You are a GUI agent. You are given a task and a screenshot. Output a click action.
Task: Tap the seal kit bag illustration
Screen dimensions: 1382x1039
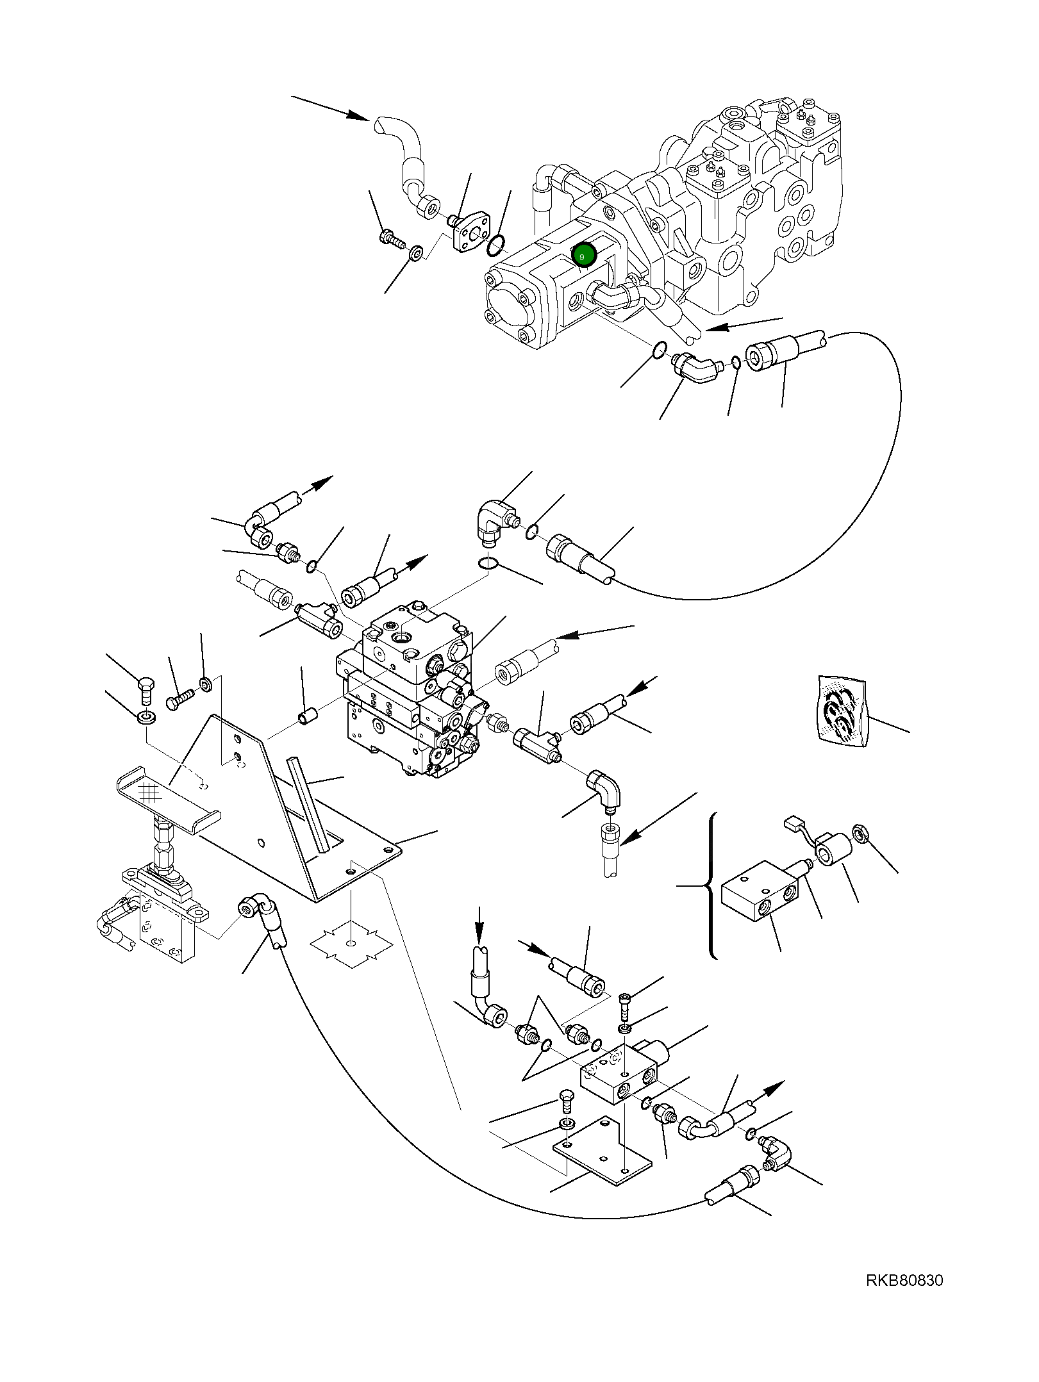(842, 712)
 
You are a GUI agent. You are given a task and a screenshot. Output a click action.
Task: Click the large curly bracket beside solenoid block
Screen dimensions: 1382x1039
(711, 887)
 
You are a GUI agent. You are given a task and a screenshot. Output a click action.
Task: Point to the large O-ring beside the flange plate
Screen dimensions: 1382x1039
(496, 243)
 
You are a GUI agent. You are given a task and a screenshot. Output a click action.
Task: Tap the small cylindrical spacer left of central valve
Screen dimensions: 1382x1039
(306, 715)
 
